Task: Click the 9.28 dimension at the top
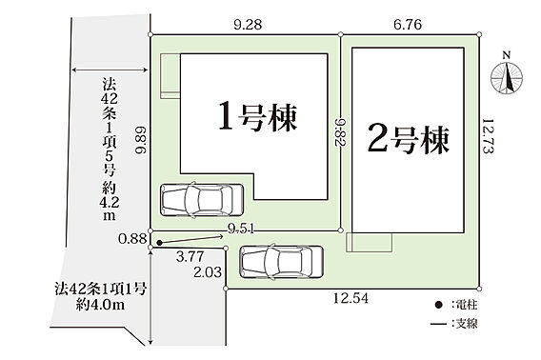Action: click(x=248, y=25)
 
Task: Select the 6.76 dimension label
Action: click(x=408, y=25)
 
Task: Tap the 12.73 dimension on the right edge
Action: click(x=489, y=135)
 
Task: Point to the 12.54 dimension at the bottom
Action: click(x=351, y=298)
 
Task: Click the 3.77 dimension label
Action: click(x=190, y=256)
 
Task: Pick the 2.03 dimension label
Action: click(x=208, y=272)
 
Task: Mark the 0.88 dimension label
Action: click(x=132, y=238)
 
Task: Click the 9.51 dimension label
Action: click(x=241, y=229)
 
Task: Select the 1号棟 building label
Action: click(x=258, y=116)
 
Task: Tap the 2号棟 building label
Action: click(x=409, y=139)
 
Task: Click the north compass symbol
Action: click(x=507, y=75)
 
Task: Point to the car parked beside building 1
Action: click(x=202, y=200)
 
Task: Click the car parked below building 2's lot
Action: click(x=282, y=262)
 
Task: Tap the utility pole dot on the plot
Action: click(x=159, y=243)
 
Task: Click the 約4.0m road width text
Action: click(x=100, y=305)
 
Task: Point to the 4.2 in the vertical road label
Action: click(x=110, y=203)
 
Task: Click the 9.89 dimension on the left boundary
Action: click(x=141, y=140)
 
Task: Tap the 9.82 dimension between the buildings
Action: click(x=341, y=132)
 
